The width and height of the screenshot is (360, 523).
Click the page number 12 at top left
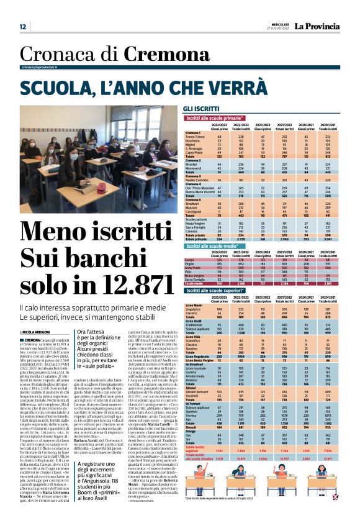tap(22, 27)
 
